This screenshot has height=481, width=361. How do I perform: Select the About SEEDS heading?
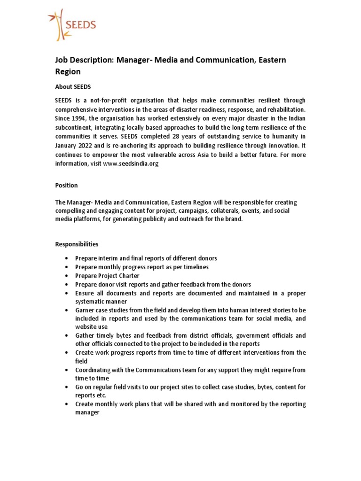[x=73, y=87]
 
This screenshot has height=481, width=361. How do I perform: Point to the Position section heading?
[x=67, y=186]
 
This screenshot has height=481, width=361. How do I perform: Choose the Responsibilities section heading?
[x=77, y=244]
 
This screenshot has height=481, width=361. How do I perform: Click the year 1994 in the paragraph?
[x=80, y=118]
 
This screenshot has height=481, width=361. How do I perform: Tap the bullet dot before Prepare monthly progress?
[x=68, y=267]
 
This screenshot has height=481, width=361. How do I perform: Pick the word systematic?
[x=93, y=302]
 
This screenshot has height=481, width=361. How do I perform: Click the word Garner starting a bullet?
[x=86, y=310]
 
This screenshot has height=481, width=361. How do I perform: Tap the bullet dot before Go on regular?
[x=68, y=387]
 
